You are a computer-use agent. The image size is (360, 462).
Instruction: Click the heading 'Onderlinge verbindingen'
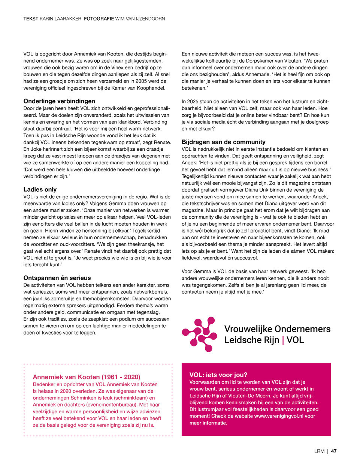pos(59,101)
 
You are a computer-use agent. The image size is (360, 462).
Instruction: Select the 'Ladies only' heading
pos(40,190)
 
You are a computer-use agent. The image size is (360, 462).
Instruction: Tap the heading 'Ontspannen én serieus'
pos(57,278)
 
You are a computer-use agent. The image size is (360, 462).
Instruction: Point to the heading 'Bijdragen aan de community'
pos(223,142)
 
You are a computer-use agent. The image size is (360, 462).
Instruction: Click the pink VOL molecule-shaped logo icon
pos(199,334)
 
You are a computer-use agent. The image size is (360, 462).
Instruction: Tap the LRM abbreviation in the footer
pos(319,451)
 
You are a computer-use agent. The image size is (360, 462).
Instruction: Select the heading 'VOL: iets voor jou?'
pos(218,375)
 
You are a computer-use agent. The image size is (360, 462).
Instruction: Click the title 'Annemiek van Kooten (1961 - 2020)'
pos(87,377)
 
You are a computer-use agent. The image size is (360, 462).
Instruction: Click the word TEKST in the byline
pos(31,18)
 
